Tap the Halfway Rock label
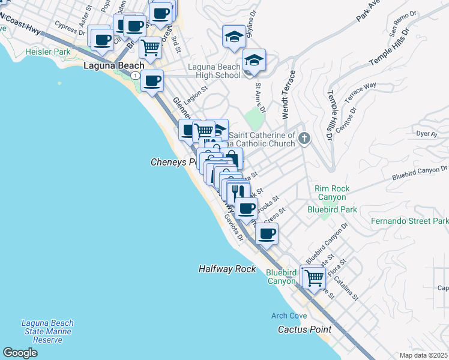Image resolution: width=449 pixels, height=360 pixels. pos(228,269)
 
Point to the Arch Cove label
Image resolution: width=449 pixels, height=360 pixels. pos(289,316)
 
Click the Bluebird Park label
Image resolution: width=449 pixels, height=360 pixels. pos(332,209)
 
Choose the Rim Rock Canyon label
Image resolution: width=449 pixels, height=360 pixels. pos(331,193)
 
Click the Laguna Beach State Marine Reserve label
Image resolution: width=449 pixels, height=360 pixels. pos(47,331)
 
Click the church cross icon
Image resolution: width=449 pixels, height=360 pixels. pos(304,139)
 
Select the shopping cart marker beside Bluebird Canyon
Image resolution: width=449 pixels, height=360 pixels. pos(314,277)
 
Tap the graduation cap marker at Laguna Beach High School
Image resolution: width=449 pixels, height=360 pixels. pos(255,61)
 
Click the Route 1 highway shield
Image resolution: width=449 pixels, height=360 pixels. pos(137,75)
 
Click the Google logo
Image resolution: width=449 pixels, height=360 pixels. pos(20,353)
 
